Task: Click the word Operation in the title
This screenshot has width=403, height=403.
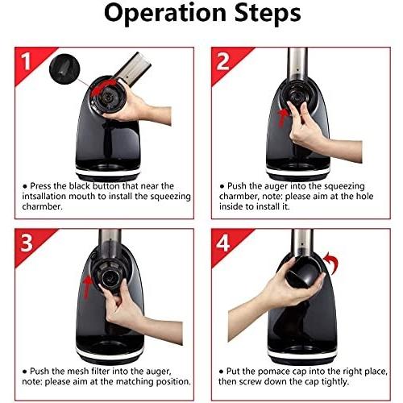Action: point(165,14)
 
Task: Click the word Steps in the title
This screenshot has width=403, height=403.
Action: point(268,14)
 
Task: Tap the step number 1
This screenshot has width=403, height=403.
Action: point(26,62)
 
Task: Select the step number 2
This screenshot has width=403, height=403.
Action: point(222,62)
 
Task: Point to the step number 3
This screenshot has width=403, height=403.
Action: point(26,243)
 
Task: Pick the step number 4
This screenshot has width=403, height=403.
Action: point(223,243)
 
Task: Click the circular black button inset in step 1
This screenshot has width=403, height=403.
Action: point(64,69)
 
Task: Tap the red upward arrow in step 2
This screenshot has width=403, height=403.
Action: point(282,117)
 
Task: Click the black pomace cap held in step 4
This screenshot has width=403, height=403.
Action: point(305,272)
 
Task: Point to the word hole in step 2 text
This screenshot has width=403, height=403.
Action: point(364,196)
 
